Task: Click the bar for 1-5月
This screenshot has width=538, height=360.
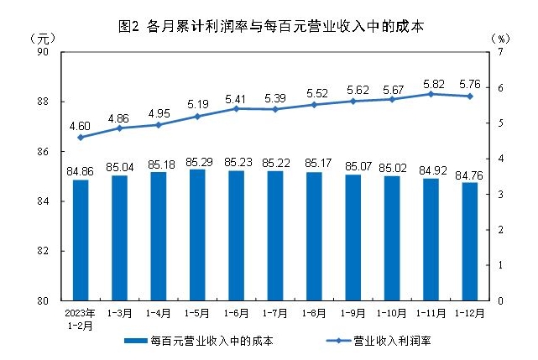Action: (197, 235)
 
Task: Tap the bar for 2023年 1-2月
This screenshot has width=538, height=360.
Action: (81, 240)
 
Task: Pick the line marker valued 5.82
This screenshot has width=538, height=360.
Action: (431, 94)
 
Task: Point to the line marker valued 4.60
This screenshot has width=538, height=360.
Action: (81, 137)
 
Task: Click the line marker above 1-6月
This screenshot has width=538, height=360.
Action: (237, 108)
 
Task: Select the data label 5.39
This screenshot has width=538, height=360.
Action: (274, 97)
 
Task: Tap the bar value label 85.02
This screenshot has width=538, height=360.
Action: (392, 166)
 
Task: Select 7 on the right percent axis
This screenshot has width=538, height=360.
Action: (500, 52)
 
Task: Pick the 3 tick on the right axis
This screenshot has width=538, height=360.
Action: (500, 194)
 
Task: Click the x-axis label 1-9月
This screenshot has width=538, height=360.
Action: (353, 312)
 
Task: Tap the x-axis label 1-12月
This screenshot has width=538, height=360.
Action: (470, 312)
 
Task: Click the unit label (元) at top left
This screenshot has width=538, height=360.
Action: (42, 38)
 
